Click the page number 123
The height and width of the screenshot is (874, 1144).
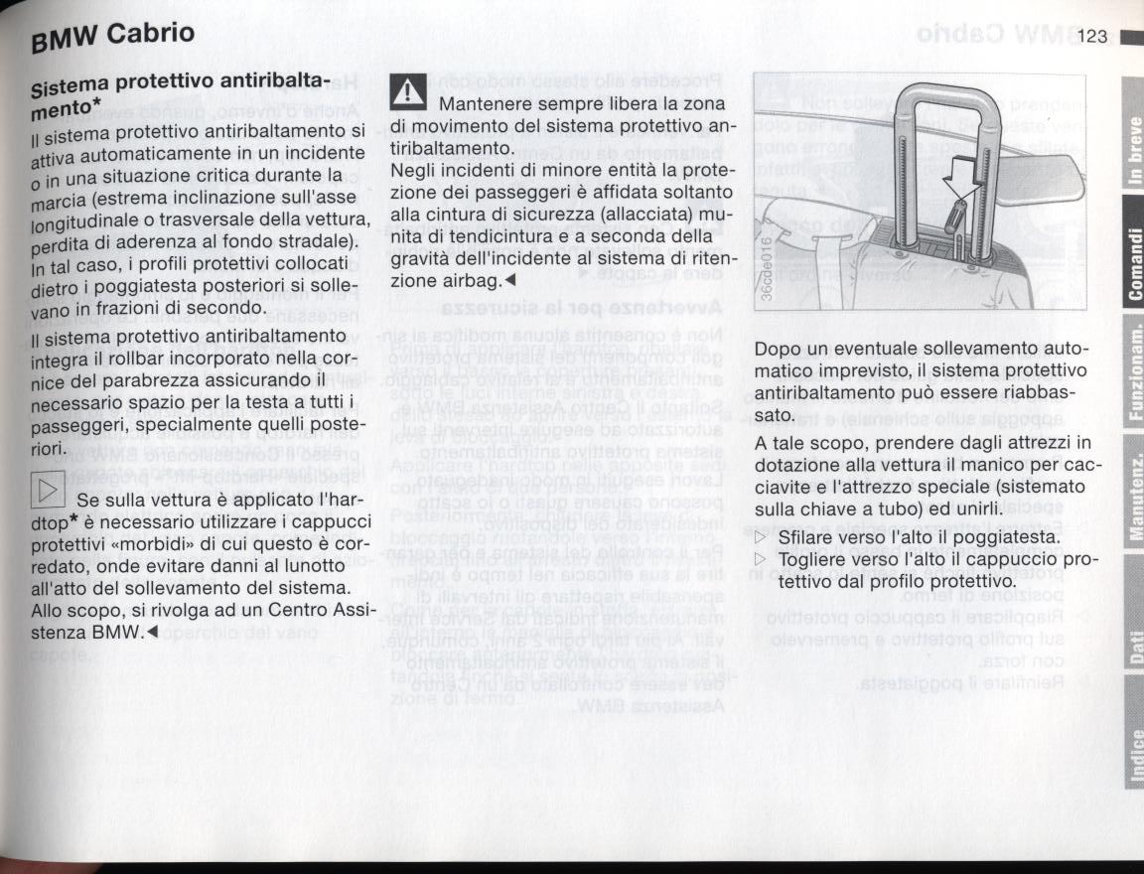[x=1090, y=38]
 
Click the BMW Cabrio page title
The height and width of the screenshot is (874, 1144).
[x=111, y=37]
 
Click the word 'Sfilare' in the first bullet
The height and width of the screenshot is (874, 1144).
[x=807, y=538]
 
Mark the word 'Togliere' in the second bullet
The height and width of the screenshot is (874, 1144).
[x=815, y=561]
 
